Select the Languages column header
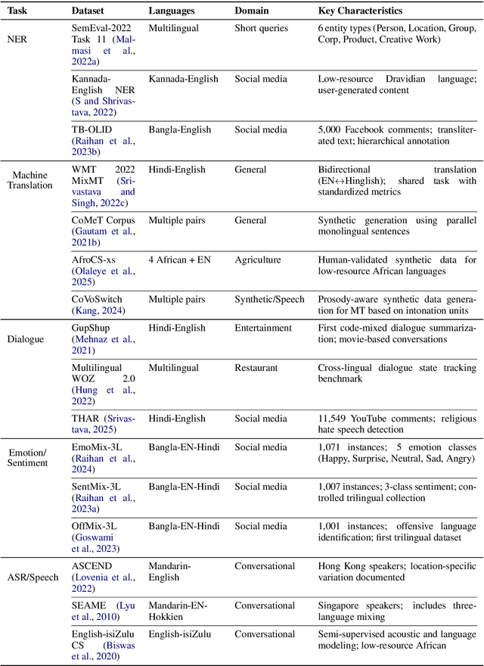point(172,11)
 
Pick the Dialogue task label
point(24,328)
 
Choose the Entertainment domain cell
point(263,328)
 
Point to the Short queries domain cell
point(262,29)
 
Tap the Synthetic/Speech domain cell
point(269,299)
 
